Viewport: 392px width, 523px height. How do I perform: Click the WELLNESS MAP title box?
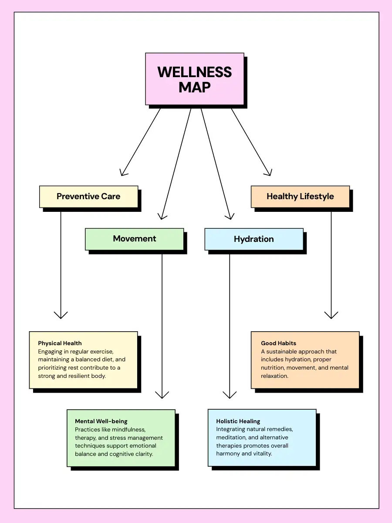point(195,79)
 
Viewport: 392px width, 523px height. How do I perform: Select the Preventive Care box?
point(88,197)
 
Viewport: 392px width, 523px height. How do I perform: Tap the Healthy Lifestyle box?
point(300,197)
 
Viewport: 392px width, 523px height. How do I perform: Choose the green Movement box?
point(135,239)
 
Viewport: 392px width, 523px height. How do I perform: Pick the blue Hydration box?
point(254,239)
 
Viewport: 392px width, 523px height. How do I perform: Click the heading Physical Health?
point(60,343)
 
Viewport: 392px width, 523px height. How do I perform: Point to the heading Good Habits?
point(278,343)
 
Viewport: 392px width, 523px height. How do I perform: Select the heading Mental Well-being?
point(101,421)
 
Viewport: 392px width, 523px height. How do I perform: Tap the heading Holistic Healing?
point(238,421)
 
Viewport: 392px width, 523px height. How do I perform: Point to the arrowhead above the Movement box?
point(162,217)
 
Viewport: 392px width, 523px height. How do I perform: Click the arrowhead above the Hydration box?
point(230,217)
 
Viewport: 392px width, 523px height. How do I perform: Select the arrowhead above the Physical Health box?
point(61,316)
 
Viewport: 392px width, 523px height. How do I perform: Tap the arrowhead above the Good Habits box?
point(331,316)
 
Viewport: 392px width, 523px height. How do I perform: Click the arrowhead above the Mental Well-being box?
point(162,395)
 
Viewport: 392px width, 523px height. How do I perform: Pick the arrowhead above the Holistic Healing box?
point(230,395)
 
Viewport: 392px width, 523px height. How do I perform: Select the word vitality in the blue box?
point(263,453)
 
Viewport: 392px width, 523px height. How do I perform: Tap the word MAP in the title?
point(195,88)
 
